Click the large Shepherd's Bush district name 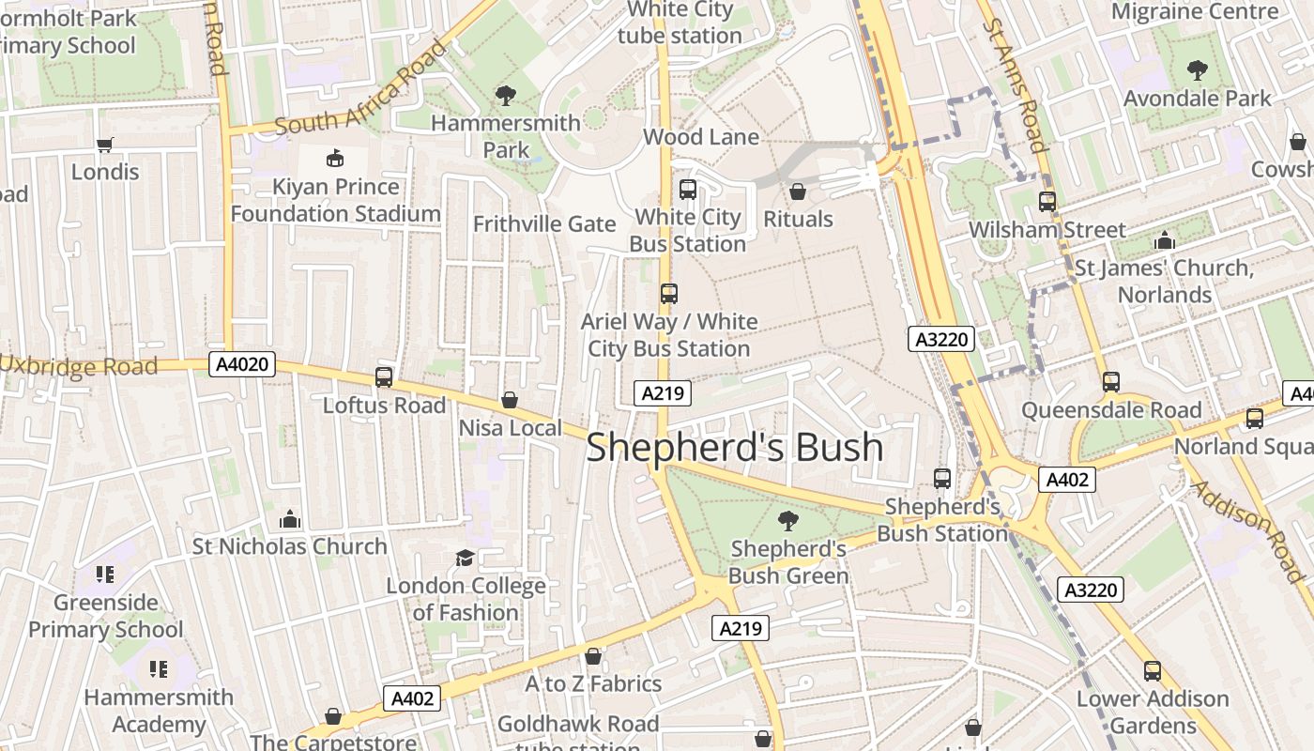(735, 447)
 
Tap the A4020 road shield (242, 365)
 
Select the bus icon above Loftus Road (384, 377)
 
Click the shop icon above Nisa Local (510, 401)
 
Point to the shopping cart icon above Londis (105, 145)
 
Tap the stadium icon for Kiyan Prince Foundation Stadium (334, 158)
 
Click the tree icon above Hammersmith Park (506, 95)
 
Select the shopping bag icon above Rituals (798, 192)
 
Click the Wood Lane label (700, 137)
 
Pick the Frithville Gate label (544, 224)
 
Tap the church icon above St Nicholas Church (290, 519)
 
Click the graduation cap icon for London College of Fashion (465, 559)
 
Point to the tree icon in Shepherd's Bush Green (788, 521)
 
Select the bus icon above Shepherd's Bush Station (942, 479)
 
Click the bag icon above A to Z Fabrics (592, 656)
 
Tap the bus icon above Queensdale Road (1111, 382)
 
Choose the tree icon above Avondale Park (1197, 69)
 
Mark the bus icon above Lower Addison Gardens (1153, 671)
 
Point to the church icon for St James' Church (1165, 240)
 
